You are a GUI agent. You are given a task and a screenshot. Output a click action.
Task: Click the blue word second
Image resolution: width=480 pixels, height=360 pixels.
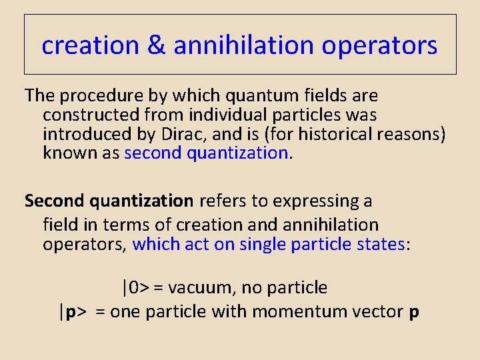[x=153, y=153]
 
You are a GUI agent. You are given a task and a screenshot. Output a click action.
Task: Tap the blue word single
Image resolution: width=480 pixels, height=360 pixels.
[x=263, y=244]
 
